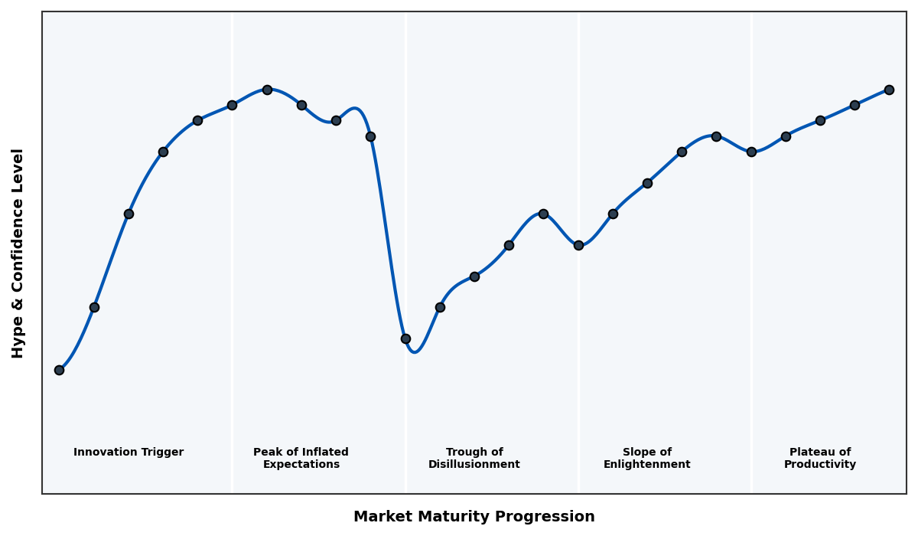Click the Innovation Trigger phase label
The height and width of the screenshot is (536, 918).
click(x=129, y=453)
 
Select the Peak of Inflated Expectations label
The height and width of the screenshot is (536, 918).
click(x=301, y=458)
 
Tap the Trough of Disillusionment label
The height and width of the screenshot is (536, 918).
click(x=474, y=458)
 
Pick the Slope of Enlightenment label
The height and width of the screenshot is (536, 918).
click(x=646, y=458)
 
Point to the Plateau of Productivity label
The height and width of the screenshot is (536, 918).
click(x=819, y=458)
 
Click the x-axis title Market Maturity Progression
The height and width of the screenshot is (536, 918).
click(x=474, y=517)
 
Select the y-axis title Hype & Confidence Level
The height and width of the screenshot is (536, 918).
click(x=18, y=253)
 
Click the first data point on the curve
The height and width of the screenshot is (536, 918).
click(x=59, y=370)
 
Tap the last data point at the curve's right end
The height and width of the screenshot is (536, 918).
click(x=889, y=90)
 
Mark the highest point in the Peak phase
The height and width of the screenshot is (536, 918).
click(x=267, y=90)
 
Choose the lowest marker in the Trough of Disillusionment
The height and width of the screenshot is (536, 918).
click(x=405, y=338)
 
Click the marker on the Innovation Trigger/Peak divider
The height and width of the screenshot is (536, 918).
click(x=232, y=105)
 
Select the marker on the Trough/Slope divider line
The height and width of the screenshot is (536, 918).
click(x=578, y=245)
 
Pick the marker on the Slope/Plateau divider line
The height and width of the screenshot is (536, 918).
click(x=751, y=152)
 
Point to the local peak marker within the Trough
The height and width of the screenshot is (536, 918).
click(x=543, y=214)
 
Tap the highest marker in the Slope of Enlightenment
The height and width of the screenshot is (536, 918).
click(x=716, y=136)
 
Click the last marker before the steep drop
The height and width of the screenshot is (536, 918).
click(x=370, y=136)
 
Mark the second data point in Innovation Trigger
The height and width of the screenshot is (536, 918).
click(x=94, y=307)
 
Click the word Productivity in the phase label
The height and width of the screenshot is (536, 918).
click(x=819, y=465)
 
